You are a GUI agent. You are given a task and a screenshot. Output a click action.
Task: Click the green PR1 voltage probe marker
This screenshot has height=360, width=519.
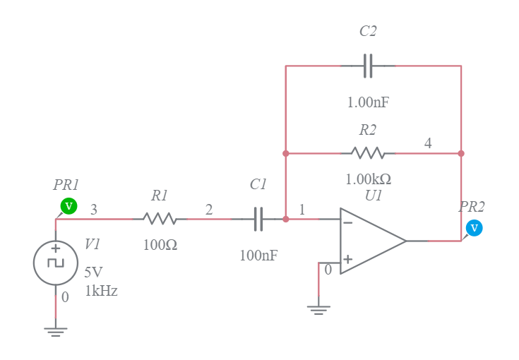pos(68,206)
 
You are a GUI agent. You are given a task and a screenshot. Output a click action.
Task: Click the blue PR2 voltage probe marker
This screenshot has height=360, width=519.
pos(475,228)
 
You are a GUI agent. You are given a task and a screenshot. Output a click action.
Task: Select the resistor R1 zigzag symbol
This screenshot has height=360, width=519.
pos(160,219)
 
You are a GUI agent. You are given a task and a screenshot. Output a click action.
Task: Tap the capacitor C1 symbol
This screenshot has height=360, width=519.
pos(258,219)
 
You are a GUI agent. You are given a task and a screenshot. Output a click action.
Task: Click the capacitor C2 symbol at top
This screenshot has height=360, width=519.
pos(368,66)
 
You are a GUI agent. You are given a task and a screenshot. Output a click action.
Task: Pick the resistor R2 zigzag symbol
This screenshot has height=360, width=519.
pos(368,153)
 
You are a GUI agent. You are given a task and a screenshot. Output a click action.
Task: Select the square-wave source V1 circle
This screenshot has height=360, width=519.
pos(55,263)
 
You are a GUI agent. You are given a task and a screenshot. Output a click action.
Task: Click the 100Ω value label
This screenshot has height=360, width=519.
pos(160,245)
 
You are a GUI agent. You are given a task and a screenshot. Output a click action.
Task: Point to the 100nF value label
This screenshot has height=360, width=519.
pos(258,256)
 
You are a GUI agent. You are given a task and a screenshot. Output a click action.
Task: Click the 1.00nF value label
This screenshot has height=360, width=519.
pos(368,102)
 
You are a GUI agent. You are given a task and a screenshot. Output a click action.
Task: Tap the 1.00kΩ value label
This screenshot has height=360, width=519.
pos(368,179)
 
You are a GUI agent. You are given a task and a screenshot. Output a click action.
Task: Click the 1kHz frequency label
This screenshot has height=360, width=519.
pos(101,291)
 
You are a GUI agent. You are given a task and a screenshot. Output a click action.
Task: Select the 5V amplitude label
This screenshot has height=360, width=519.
pos(94,272)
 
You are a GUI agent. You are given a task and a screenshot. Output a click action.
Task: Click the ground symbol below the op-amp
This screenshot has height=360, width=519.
pos(318,308)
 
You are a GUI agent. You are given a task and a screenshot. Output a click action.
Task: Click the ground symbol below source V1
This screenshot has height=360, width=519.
pos(55,330)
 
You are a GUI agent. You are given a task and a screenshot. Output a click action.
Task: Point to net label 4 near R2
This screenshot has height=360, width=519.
pos(428,143)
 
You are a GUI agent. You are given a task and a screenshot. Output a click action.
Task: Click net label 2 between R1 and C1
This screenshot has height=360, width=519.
pos(208,210)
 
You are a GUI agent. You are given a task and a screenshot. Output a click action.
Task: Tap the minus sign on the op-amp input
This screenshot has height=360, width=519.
pos(347,222)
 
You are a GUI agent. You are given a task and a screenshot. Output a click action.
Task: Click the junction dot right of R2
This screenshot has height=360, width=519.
pos(461,153)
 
